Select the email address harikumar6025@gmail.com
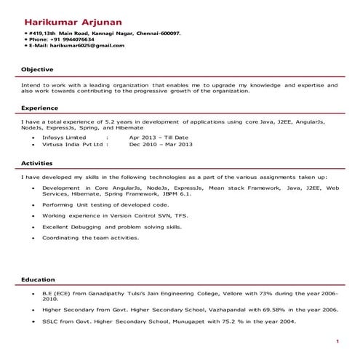tap(88, 46)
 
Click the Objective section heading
tap(37, 69)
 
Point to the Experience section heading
tap(40, 108)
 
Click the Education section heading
tap(38, 279)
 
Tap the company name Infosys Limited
tap(64, 137)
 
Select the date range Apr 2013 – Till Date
tap(159, 137)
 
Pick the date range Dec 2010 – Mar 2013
tap(161, 144)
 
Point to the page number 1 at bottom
tap(337, 341)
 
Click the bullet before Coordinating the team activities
tap(33, 238)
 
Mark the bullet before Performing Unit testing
tap(33, 206)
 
